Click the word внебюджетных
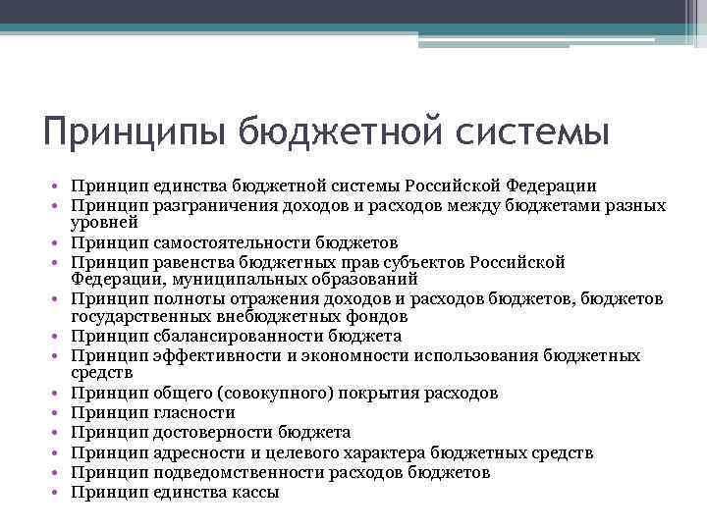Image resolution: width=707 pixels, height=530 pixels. pyautogui.click(x=279, y=317)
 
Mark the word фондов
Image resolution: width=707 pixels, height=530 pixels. pyautogui.click(x=370, y=317)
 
